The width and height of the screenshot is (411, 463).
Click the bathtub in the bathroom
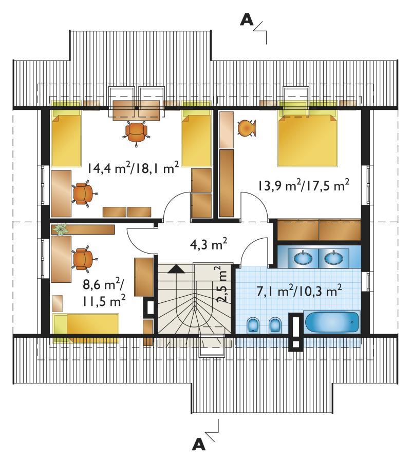[x=332, y=322]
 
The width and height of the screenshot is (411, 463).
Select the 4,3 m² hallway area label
[x=208, y=244]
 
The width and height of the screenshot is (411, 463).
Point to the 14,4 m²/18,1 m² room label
[x=133, y=168]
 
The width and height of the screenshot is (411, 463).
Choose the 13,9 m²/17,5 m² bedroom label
[x=304, y=185]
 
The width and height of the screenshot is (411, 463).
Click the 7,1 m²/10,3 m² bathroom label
[x=299, y=291]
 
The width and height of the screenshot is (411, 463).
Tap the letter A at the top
[x=247, y=20]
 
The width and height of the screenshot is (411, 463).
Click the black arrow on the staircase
[x=176, y=268]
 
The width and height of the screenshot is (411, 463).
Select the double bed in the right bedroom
[x=307, y=139]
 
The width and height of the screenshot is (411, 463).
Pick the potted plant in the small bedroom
[x=61, y=229]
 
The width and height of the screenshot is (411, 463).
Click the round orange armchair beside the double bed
[x=247, y=128]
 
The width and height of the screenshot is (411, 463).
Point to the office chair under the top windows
[x=136, y=133]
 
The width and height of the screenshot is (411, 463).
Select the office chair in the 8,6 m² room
[x=84, y=259]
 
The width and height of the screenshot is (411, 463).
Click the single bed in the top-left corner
[x=66, y=139]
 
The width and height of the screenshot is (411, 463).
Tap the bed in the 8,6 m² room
[x=86, y=328]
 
